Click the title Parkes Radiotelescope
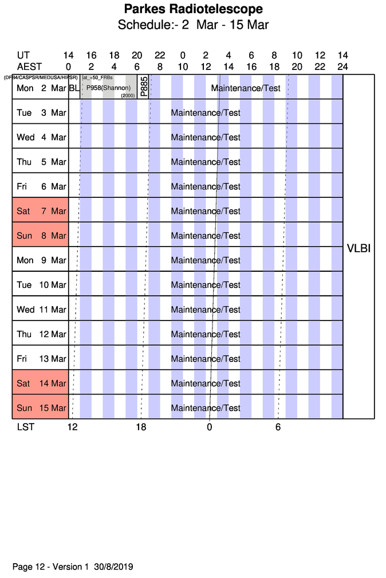click(193, 9)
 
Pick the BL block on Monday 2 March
click(74, 88)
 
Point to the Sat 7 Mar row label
click(41, 211)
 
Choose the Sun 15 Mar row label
click(41, 408)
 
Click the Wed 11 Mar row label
click(41, 310)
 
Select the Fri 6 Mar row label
click(41, 186)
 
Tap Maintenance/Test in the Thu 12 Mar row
click(206, 334)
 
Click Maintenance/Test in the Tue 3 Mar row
click(206, 113)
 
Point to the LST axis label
click(25, 427)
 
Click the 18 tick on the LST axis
click(141, 427)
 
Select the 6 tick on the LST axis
click(278, 427)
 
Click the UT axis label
click(23, 56)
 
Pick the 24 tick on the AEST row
click(342, 67)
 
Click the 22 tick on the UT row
click(160, 56)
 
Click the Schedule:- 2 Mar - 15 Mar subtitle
click(193, 25)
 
